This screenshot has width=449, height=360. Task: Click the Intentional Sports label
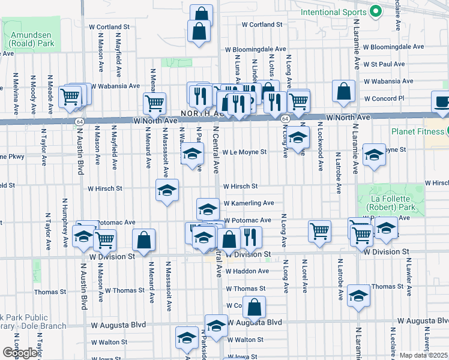(333, 11)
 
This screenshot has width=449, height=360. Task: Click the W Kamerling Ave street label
(249, 203)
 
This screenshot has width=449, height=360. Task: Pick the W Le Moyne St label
(244, 152)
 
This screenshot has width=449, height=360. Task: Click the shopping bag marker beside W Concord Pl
(344, 92)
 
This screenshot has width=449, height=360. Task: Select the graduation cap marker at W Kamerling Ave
(208, 209)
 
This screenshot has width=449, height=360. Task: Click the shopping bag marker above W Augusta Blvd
(255, 308)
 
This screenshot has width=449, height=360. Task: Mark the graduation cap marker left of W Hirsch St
(167, 191)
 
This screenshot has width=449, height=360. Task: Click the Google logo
(20, 352)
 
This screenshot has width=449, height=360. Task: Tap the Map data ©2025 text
(424, 355)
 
